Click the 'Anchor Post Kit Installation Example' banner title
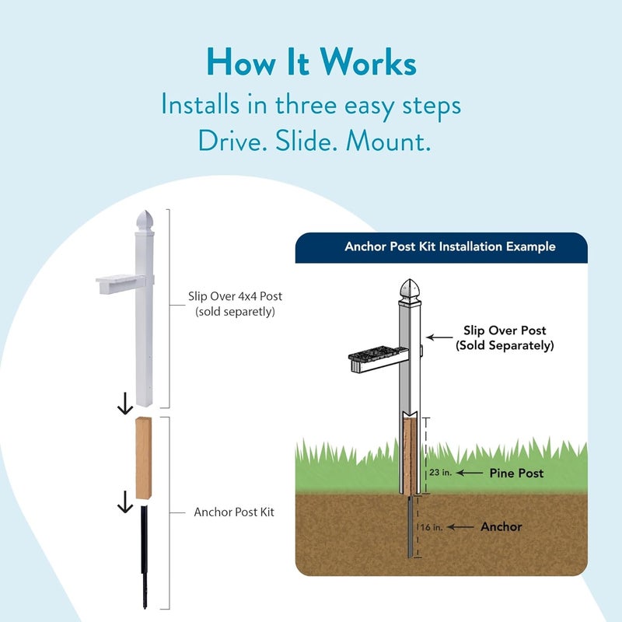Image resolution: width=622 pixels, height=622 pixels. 439,246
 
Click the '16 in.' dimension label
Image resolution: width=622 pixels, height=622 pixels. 432,526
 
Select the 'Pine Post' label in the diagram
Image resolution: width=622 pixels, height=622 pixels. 515,473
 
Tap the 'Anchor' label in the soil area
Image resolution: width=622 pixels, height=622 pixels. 501,526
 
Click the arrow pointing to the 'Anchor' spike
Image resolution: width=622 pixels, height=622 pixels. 460,526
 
